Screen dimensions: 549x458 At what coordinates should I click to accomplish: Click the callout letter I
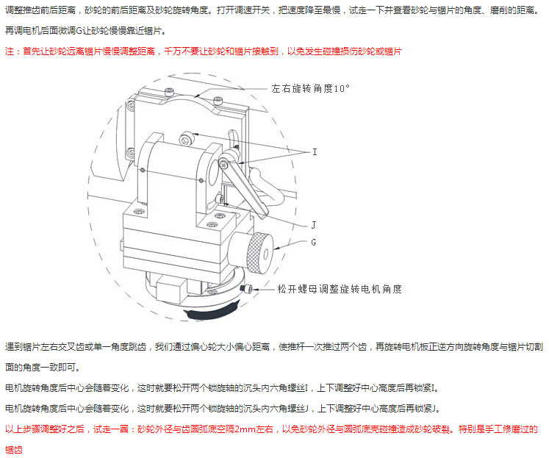coord(315,152)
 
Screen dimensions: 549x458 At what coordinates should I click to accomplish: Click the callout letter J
coord(314,225)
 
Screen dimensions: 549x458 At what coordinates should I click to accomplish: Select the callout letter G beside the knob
coord(314,242)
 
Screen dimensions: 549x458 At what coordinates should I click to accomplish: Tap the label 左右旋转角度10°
coord(311,89)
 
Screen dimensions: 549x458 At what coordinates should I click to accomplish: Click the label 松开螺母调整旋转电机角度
coord(340,289)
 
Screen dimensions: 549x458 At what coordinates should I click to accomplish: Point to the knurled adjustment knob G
coord(259,253)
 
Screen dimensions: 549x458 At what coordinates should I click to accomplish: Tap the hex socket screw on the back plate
coord(185,138)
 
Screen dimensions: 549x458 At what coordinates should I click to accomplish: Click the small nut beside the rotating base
coord(246,289)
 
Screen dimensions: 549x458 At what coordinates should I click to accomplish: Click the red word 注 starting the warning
coord(10,51)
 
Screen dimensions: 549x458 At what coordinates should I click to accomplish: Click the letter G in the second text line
coord(79,31)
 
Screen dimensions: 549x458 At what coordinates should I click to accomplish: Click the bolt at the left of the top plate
coord(169,92)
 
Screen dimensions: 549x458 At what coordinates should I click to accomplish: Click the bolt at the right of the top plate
coord(218,101)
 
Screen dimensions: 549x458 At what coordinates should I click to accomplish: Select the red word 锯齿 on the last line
coord(14,450)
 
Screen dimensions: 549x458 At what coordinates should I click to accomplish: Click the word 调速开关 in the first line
coord(252,10)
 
